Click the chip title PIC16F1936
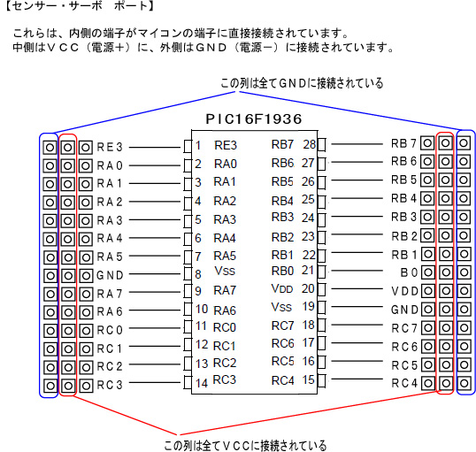254,119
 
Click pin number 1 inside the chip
198,146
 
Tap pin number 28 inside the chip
310,144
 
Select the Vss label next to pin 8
225,271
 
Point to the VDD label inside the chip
282,288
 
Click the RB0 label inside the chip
282,271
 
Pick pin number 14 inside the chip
202,383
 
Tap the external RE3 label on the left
110,147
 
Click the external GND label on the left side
110,275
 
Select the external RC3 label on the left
110,385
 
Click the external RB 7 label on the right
403,143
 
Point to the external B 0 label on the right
409,272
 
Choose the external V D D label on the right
404,291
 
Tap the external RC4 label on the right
404,383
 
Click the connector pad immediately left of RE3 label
86,148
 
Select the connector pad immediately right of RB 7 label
427,143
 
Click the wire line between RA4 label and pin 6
155,238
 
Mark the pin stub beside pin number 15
321,380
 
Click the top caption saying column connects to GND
302,83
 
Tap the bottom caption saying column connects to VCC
245,445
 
